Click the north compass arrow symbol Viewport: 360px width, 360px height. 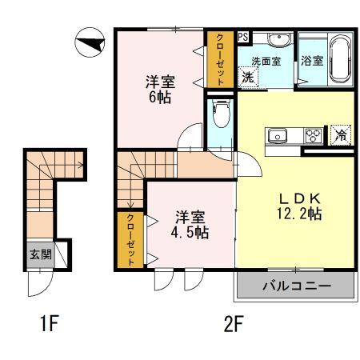point(89,42)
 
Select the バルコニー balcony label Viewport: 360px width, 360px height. point(294,285)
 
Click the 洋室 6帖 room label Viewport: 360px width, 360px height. point(160,89)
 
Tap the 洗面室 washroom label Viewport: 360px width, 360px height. point(266,61)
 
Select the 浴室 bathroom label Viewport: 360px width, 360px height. point(311,61)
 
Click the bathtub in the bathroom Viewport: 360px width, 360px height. point(339,59)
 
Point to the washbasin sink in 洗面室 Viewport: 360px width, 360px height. point(278,41)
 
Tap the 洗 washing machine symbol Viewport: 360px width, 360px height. point(248,78)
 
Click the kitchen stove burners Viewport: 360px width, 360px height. point(312,135)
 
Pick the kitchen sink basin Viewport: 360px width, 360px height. point(278,134)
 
